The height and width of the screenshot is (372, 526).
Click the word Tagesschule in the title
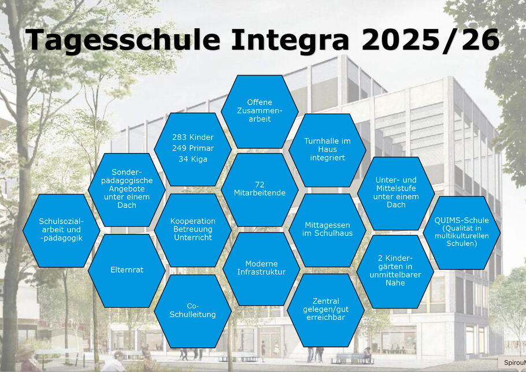coord(123,40)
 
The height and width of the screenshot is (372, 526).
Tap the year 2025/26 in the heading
coord(431,40)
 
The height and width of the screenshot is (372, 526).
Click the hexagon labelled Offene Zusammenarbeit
coord(260,111)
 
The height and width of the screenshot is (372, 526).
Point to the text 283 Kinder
coord(193,137)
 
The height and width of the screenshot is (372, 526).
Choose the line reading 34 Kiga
coord(193,159)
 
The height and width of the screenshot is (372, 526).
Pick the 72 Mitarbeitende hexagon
coord(260,189)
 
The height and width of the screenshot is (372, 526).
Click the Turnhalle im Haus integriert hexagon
coord(327,150)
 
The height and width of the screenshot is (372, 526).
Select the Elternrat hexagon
coord(127,270)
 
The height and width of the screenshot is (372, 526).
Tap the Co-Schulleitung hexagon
coord(192,311)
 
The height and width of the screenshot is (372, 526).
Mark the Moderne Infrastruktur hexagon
coord(261,269)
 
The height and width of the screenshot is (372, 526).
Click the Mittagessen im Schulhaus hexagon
coord(327,230)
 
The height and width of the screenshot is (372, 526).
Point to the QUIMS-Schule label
coord(462,221)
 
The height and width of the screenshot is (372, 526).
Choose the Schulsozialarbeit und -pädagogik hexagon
coord(61,230)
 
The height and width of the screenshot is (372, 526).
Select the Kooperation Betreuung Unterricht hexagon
coord(193,230)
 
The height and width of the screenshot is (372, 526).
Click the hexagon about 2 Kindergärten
coord(395,271)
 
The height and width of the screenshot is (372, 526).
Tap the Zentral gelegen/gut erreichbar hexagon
coord(326,310)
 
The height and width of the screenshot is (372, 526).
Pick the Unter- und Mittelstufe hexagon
coord(396,194)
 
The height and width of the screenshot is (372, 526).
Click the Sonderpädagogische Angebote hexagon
coord(127,189)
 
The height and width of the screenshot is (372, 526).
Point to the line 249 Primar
coord(193,148)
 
